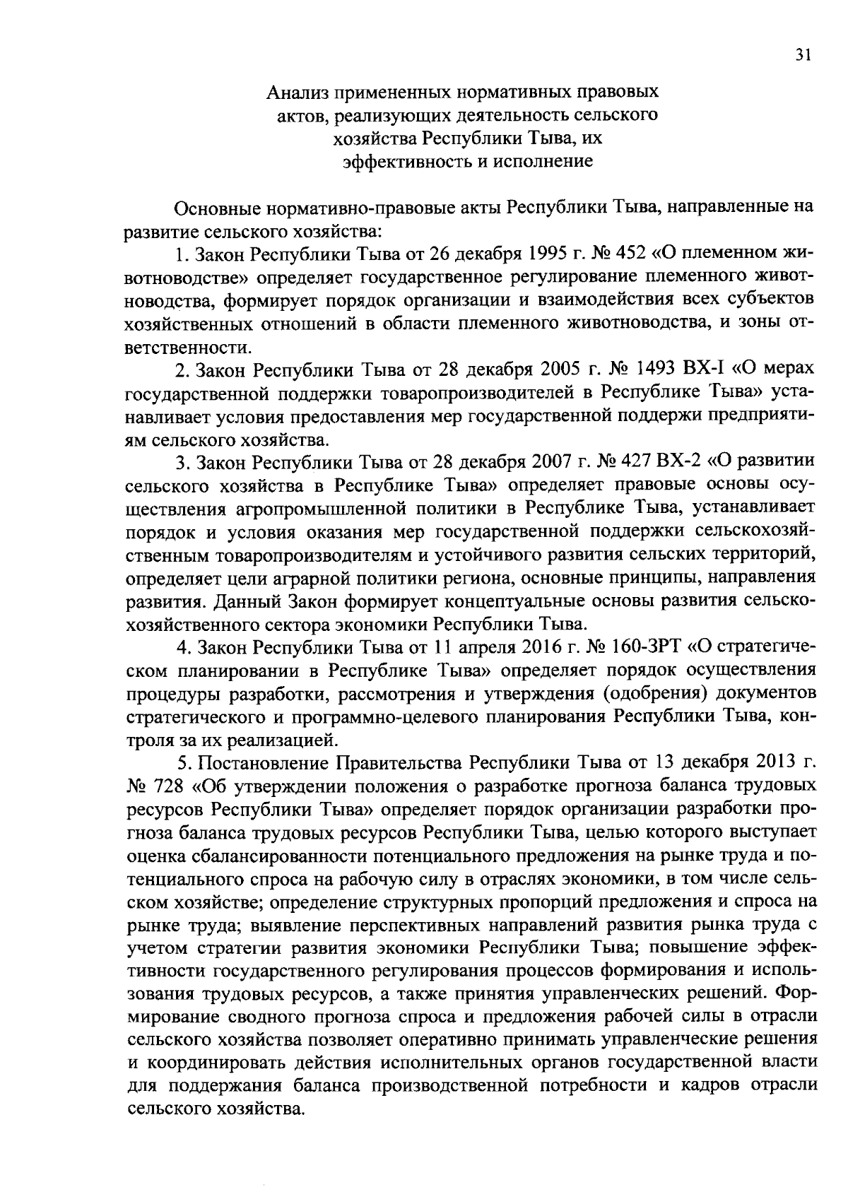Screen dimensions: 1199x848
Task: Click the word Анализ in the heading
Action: (298, 93)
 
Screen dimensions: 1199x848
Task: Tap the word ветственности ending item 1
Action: (188, 346)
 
